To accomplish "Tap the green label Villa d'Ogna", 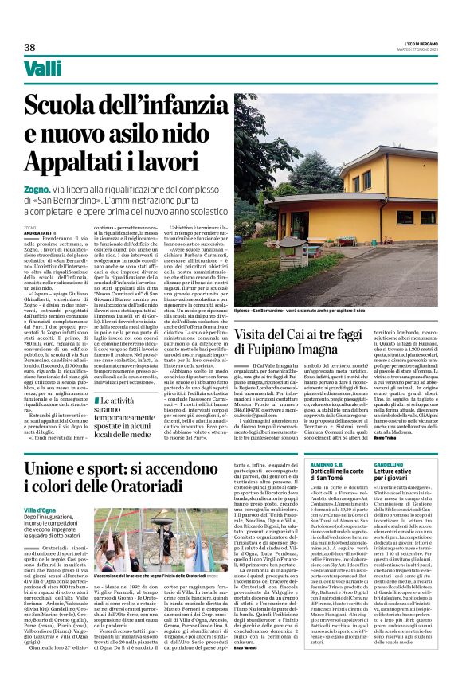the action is pos(39,510).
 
